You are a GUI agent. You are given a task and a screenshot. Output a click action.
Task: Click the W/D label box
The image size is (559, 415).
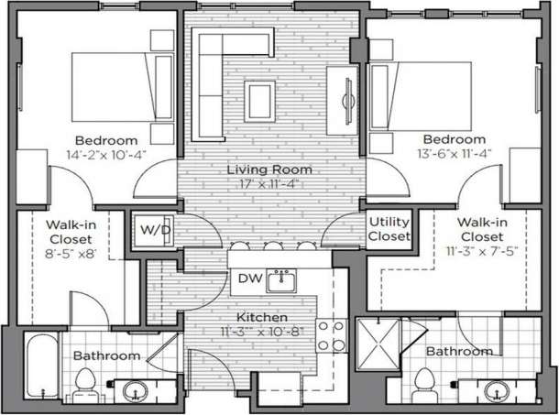click(x=153, y=229)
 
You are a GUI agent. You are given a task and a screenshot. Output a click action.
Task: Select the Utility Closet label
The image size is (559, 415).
click(x=389, y=229)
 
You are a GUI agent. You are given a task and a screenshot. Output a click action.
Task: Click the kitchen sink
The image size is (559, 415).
click(x=281, y=280)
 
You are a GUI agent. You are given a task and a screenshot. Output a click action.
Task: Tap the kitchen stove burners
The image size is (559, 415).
click(x=330, y=335)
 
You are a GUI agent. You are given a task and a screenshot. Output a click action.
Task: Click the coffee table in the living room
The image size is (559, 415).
click(x=258, y=94)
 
